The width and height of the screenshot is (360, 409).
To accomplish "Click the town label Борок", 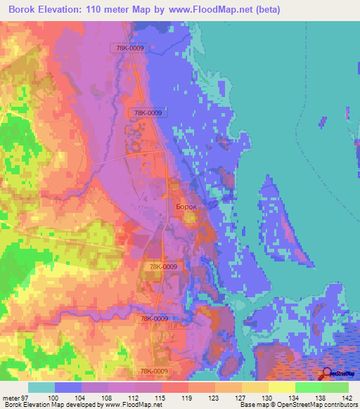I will click(x=186, y=207).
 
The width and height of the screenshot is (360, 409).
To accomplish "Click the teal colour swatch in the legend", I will click(x=41, y=387).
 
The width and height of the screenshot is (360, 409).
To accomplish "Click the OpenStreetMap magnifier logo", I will click(x=328, y=373).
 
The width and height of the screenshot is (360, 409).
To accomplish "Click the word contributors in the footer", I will click(x=338, y=405).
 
